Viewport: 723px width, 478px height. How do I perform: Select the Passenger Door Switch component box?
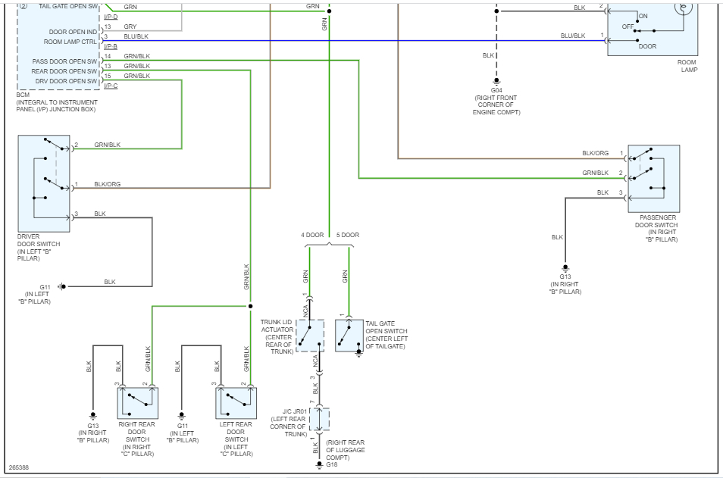point(653,178)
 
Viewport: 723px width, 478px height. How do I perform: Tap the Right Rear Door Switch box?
point(136,403)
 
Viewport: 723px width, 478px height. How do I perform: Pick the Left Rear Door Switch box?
point(236,403)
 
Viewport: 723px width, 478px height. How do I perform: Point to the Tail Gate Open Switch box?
point(350,335)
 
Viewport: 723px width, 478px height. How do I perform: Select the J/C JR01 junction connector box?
point(320,419)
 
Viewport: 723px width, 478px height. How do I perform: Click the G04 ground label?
point(497,90)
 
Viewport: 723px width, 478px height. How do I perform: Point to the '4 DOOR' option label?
point(312,235)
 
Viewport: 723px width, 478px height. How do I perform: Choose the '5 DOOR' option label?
point(348,235)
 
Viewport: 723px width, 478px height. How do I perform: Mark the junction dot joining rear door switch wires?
point(250,307)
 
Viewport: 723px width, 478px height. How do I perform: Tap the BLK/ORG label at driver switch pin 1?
point(106,183)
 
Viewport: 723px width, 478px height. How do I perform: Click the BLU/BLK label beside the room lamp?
point(573,36)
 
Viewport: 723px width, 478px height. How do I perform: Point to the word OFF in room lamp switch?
point(628,26)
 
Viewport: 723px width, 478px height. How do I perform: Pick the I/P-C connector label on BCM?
point(111,86)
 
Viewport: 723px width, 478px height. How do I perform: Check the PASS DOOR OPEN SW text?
point(65,61)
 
